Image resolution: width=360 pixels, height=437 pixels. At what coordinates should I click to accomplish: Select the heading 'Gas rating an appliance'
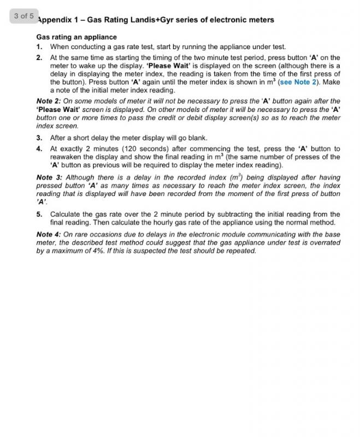point(76,37)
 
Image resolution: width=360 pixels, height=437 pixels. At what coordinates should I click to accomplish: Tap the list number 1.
point(39,47)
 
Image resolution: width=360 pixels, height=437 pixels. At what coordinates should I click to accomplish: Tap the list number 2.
point(39,57)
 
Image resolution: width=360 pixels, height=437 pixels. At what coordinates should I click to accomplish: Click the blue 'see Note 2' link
point(302,82)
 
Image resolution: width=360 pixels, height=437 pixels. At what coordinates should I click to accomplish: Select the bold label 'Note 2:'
point(48,101)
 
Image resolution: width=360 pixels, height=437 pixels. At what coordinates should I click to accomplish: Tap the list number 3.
point(39,138)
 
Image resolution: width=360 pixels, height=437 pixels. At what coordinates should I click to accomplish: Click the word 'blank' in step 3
point(197,138)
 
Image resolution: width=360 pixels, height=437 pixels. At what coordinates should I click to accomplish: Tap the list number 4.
point(39,149)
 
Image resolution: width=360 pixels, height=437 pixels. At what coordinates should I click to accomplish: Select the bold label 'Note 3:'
point(48,178)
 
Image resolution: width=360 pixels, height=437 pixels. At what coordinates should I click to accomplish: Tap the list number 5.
point(39,214)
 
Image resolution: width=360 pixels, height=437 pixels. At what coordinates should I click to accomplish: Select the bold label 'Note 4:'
point(48,234)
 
